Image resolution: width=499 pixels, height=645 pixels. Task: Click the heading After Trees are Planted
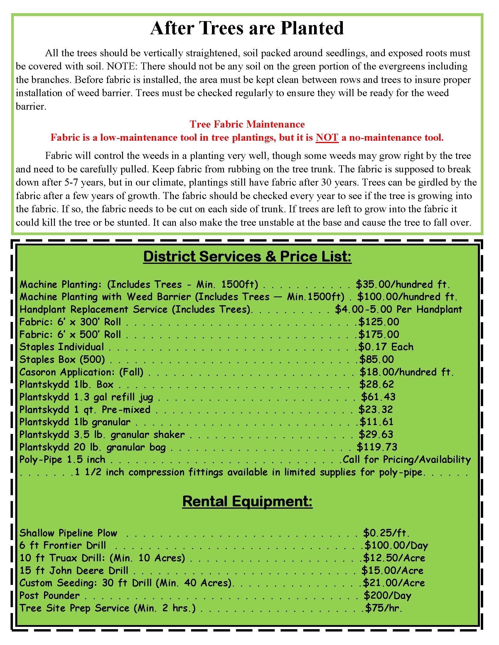[247, 28]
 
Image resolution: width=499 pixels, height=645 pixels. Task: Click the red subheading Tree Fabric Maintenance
[247, 124]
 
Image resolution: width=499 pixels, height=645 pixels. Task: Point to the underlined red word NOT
[327, 137]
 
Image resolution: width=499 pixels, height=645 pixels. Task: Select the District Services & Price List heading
[247, 256]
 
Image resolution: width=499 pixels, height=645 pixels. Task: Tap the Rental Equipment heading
[247, 501]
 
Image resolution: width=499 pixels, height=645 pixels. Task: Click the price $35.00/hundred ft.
[403, 284]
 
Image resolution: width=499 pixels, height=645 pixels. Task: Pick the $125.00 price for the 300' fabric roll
[379, 322]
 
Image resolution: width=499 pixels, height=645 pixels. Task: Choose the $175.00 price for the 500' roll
[379, 334]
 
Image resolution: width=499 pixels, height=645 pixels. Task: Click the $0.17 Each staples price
[386, 347]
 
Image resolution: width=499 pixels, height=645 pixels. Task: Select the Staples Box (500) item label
[62, 359]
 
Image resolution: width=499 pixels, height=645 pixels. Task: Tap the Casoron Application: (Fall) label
[81, 372]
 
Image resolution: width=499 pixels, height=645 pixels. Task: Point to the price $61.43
[378, 397]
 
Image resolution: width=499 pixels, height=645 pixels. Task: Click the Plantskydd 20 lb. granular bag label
[92, 447]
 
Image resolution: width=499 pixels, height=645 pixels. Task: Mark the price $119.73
[377, 447]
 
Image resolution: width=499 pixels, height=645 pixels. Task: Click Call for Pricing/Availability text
[407, 459]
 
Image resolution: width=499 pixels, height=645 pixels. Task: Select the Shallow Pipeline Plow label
[68, 533]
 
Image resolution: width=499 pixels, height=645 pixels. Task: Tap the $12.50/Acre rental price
[394, 558]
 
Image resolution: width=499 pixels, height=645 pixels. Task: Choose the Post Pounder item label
[50, 595]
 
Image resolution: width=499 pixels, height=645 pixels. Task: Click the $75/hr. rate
[384, 608]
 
